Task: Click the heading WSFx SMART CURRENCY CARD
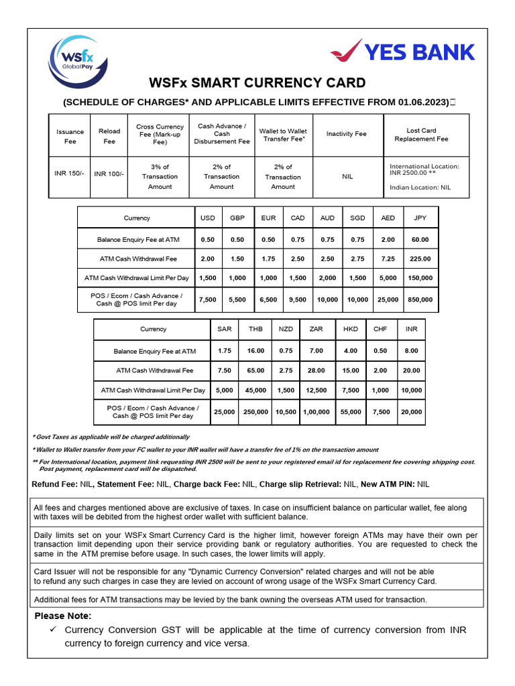coord(257,83)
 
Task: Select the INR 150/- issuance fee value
coord(70,174)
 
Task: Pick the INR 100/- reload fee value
coord(109,174)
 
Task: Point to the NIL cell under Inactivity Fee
coord(346,177)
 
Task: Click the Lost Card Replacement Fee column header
coord(421,135)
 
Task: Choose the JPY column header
coord(420,218)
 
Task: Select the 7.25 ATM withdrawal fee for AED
coord(388,259)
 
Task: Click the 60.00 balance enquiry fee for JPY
coord(420,239)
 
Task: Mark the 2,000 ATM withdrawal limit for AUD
coord(328,278)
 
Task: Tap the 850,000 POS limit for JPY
coord(420,300)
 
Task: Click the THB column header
coord(255,329)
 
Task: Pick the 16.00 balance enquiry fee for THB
coord(255,350)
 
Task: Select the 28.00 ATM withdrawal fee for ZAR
coord(316,370)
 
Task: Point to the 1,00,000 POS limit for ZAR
coord(316,413)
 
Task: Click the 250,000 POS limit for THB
coord(255,413)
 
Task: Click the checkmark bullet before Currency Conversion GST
coord(52,630)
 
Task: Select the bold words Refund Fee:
coord(55,484)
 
